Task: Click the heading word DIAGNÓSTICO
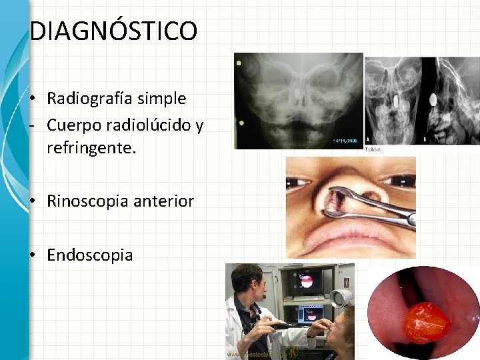click(x=113, y=31)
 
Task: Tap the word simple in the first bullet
click(x=162, y=99)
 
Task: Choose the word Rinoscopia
click(x=87, y=201)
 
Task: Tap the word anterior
click(x=163, y=201)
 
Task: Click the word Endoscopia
click(x=90, y=255)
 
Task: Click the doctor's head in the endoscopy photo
click(x=247, y=280)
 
